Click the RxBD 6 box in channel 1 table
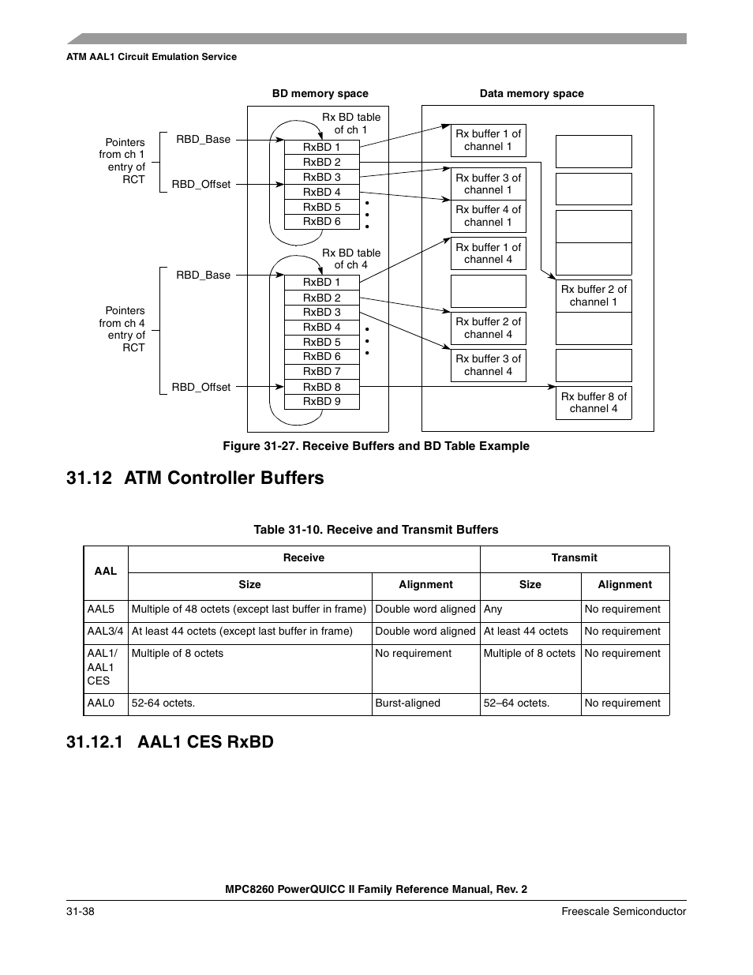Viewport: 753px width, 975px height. (x=321, y=222)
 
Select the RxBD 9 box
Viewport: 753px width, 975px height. (x=321, y=402)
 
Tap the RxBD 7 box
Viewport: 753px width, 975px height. (x=321, y=372)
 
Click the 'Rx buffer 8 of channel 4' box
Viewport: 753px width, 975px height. (x=594, y=403)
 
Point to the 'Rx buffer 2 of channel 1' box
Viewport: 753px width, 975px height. (x=594, y=296)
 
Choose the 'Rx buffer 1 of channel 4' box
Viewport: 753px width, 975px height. (x=488, y=253)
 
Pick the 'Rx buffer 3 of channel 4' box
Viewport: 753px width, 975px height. (x=488, y=366)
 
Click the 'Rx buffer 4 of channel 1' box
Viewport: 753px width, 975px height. (x=488, y=216)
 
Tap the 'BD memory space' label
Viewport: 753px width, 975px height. (x=320, y=94)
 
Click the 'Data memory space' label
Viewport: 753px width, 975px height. (x=531, y=94)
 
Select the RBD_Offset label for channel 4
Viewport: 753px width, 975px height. (x=201, y=388)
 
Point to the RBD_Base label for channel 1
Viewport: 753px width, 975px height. (x=204, y=140)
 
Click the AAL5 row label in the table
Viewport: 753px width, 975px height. (x=101, y=609)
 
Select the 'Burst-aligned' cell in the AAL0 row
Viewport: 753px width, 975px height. (x=408, y=703)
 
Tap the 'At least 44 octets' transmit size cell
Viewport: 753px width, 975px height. (x=526, y=632)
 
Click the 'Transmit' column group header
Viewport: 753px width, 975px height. (x=574, y=558)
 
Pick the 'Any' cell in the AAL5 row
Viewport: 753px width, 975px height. (x=493, y=609)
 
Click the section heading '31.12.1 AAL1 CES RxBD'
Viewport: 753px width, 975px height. (x=170, y=742)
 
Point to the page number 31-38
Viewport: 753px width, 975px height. (x=81, y=912)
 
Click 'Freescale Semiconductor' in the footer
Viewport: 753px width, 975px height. (x=624, y=912)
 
